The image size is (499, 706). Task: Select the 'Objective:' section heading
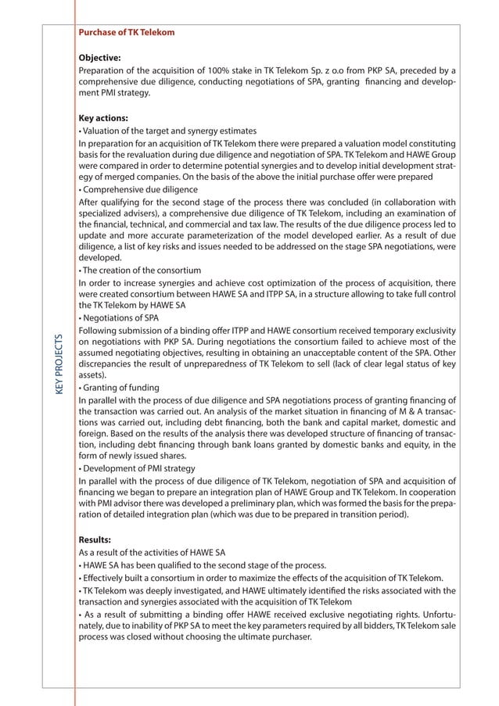(99, 57)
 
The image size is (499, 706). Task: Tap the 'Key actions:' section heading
(103, 118)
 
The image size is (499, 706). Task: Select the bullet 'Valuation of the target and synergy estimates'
(168, 131)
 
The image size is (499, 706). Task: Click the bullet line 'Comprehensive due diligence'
(138, 189)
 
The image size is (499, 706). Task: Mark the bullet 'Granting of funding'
(120, 387)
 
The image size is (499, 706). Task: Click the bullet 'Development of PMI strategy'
(138, 468)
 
